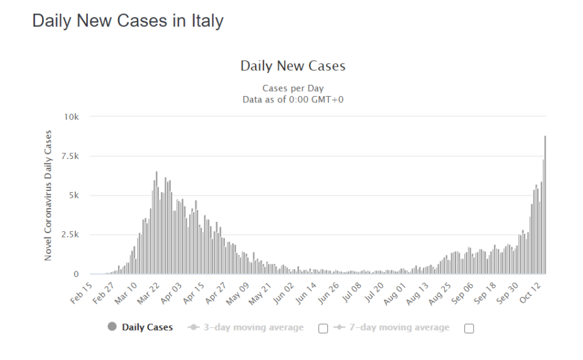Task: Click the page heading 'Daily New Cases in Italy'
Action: click(128, 21)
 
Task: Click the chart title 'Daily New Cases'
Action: click(293, 66)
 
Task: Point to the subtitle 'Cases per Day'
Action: click(293, 89)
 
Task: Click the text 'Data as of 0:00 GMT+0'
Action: click(293, 99)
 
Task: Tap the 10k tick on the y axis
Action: click(72, 117)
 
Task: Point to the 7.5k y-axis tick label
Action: click(70, 156)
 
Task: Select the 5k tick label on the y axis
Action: click(74, 195)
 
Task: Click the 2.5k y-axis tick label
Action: click(70, 235)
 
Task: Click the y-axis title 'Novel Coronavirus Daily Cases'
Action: click(48, 196)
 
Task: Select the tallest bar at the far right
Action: click(545, 204)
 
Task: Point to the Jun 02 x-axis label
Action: click(283, 293)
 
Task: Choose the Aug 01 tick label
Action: click(395, 293)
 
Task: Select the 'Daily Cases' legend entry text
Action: click(147, 327)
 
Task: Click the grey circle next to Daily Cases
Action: click(112, 327)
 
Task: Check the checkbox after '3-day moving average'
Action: click(324, 328)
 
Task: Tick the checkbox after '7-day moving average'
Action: click(469, 328)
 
